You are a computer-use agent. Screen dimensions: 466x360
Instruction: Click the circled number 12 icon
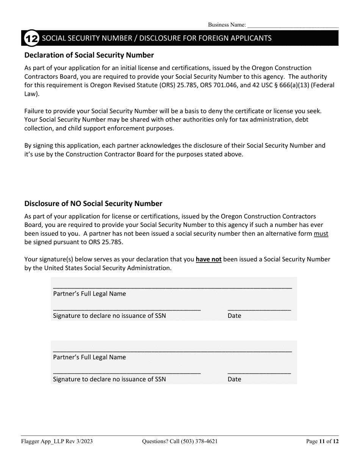[x=31, y=38]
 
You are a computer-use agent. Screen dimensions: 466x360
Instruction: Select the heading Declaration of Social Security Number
[x=89, y=55]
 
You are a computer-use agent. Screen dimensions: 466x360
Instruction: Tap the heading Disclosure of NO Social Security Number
[x=93, y=204]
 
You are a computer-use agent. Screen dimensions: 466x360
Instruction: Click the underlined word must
[x=321, y=234]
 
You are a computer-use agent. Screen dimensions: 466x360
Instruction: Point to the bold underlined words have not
[x=208, y=260]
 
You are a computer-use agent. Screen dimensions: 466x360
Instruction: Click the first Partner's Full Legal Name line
[x=172, y=287]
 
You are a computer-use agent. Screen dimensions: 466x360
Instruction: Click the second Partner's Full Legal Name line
[x=172, y=351]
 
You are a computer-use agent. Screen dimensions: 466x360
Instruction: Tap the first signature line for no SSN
[x=127, y=309]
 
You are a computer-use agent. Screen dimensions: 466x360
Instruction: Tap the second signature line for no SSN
[x=127, y=373]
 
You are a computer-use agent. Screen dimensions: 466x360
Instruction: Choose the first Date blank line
[x=259, y=309]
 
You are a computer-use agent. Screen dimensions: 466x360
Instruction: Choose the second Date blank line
[x=259, y=373]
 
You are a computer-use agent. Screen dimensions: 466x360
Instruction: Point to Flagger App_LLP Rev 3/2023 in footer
[x=57, y=441]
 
